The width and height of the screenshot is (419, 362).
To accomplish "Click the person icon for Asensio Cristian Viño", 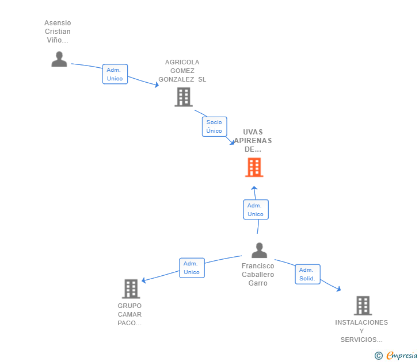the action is (x=59, y=59).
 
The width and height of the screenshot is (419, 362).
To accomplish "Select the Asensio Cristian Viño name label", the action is (x=58, y=31).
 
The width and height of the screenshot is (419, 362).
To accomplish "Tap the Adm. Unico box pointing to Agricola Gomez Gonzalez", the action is (x=115, y=74).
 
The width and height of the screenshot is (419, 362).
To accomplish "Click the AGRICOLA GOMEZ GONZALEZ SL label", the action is (x=182, y=71).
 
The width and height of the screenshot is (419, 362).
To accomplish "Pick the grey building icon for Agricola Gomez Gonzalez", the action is (x=184, y=97).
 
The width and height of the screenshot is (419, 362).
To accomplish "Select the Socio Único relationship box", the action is (x=214, y=126).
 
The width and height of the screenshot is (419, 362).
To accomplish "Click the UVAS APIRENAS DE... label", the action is (x=253, y=141).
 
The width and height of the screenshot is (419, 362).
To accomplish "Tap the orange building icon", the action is (x=254, y=167).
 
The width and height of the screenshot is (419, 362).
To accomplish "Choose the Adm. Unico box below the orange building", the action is (x=256, y=209).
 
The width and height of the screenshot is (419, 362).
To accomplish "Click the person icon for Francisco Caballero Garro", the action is (x=259, y=250).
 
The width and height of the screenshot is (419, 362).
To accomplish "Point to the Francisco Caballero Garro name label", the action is (x=258, y=275).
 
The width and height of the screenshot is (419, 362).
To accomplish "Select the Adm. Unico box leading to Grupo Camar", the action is (x=192, y=268).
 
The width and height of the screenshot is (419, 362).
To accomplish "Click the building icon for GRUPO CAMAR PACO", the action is (x=131, y=288).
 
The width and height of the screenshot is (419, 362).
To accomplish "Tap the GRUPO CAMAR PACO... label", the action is (x=129, y=314).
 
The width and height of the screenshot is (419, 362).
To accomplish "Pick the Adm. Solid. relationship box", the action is (x=307, y=274).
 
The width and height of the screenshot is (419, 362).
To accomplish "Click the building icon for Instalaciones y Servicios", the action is (x=363, y=306).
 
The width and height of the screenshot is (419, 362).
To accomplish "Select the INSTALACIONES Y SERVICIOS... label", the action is (x=361, y=331).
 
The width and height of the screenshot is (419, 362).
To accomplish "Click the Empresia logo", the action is (x=396, y=356).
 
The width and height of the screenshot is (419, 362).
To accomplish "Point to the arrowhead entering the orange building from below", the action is (x=254, y=188).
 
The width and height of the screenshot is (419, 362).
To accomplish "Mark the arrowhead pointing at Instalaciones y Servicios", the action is (x=339, y=289).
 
